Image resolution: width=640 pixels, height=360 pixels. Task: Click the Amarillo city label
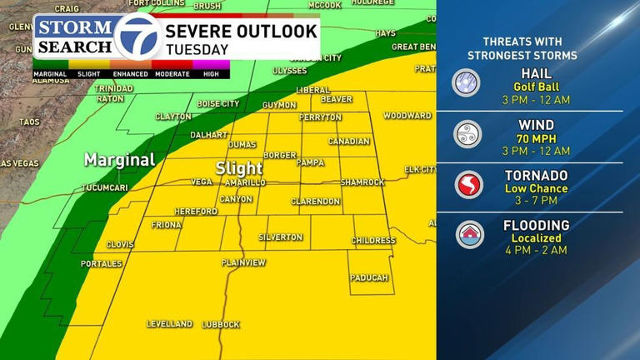(245, 182)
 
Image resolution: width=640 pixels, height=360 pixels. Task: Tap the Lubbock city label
(221, 324)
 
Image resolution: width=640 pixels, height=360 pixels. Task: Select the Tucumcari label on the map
(104, 188)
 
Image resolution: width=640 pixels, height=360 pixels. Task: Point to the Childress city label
(373, 241)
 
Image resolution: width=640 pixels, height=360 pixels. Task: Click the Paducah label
(369, 277)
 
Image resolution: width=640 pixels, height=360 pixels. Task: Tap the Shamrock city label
(362, 182)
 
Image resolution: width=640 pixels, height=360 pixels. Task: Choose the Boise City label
(218, 104)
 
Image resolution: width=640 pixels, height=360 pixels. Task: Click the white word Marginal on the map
(119, 160)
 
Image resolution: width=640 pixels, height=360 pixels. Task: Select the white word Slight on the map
(239, 168)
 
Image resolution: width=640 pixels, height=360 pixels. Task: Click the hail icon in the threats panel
(467, 82)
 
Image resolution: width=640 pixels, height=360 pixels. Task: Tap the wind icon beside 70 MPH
(467, 133)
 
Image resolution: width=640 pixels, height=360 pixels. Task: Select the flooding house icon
(469, 234)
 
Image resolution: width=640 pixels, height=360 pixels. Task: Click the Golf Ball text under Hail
(536, 87)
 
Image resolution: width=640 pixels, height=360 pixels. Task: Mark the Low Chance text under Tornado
(536, 188)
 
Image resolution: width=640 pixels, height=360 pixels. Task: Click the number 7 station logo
(137, 37)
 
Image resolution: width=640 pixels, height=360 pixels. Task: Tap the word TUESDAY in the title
(197, 50)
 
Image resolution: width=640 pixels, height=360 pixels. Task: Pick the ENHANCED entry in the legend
(129, 74)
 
